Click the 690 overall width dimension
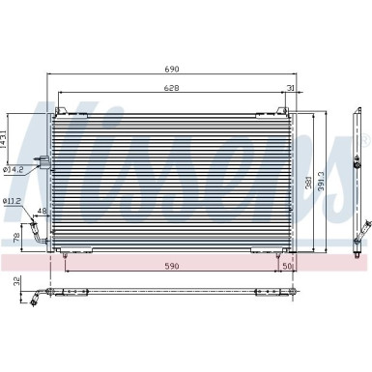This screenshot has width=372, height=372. pos(175,71)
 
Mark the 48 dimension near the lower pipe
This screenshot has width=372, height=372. pos(42,212)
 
